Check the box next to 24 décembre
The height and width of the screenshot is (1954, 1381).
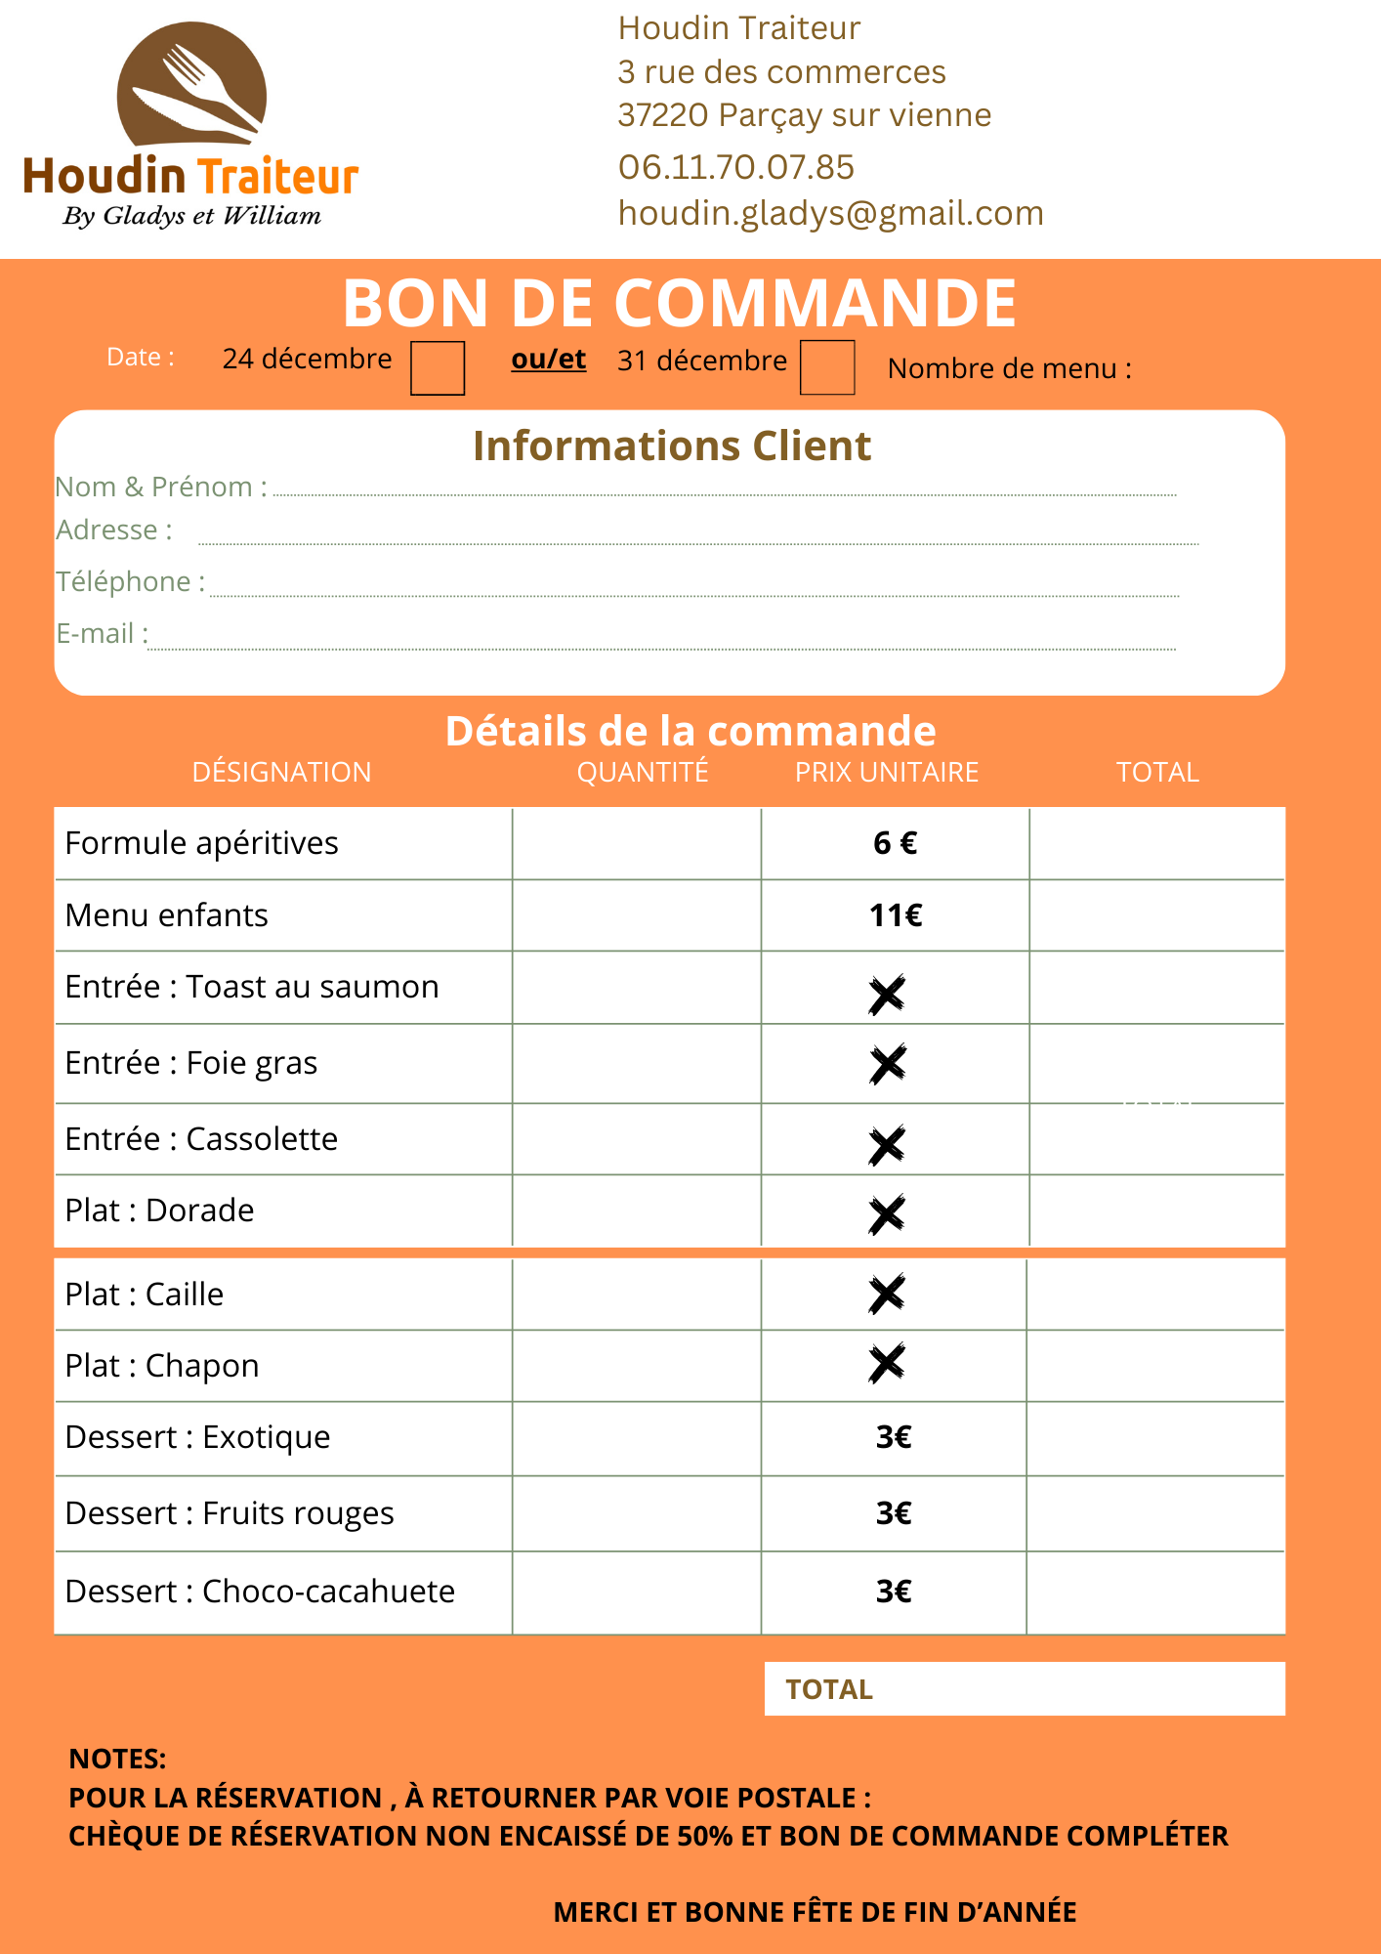tap(437, 367)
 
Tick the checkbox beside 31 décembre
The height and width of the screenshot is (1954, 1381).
tap(826, 367)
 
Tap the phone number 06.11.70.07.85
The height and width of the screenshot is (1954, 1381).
tap(735, 167)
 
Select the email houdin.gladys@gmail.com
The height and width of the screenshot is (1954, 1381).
tap(830, 213)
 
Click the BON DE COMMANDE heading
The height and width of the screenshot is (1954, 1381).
tap(679, 302)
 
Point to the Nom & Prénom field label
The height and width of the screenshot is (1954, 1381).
tap(161, 487)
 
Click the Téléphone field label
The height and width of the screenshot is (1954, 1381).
tap(130, 581)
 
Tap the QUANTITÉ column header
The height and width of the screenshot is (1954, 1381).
tap(642, 772)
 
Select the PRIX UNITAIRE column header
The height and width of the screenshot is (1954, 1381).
tap(886, 772)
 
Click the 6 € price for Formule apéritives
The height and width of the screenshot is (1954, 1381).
tap(895, 843)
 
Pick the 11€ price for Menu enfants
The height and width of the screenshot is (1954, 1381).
tap(895, 915)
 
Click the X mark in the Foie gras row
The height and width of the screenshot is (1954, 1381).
tap(887, 1064)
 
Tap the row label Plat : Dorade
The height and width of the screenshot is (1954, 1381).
tap(159, 1211)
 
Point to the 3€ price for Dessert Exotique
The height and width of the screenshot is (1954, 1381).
tap(893, 1437)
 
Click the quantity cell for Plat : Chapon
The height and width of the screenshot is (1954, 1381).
tap(636, 1366)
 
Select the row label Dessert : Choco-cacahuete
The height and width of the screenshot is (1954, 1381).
tap(260, 1592)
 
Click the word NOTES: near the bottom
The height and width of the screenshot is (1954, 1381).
tap(117, 1759)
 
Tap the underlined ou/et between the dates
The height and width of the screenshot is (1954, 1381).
tap(548, 360)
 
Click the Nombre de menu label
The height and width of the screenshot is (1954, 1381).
tap(1009, 368)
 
